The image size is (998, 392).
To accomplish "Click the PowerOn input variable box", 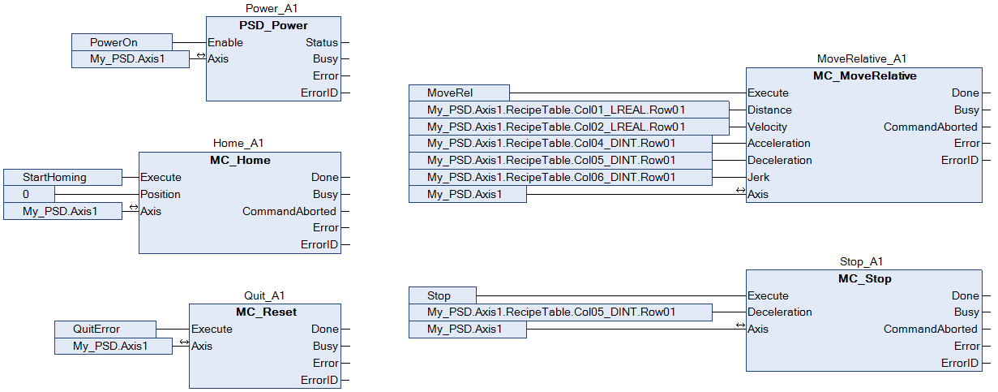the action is tap(122, 42).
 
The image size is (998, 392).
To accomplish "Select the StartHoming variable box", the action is tap(62, 177).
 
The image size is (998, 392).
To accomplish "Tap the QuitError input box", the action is tap(105, 330).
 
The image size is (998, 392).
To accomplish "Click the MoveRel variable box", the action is tap(459, 93).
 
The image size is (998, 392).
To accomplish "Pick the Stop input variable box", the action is tap(443, 295).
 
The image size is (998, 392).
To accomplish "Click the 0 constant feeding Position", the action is tap(29, 194).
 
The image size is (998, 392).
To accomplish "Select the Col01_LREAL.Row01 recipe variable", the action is tap(569, 110).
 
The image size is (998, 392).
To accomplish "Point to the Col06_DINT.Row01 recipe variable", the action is tap(560, 177).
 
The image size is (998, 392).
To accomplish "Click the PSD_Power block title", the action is tap(273, 25).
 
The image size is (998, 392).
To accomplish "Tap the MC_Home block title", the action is tap(240, 160).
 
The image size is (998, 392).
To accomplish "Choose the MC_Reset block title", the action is tap(266, 312).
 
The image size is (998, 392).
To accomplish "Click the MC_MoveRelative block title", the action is tap(864, 75).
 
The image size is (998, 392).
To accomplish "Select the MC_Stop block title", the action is tap(864, 278).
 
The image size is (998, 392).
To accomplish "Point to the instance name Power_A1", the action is tap(272, 8).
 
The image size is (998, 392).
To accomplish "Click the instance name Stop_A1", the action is tap(861, 261).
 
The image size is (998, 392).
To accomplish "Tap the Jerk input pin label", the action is tap(758, 177).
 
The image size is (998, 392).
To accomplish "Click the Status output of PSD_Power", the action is tap(322, 42).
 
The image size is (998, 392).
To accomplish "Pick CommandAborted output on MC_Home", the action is tap(289, 211).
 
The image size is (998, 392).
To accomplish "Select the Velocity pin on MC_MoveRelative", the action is tap(767, 127).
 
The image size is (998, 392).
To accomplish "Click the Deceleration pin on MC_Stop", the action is tap(780, 312).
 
